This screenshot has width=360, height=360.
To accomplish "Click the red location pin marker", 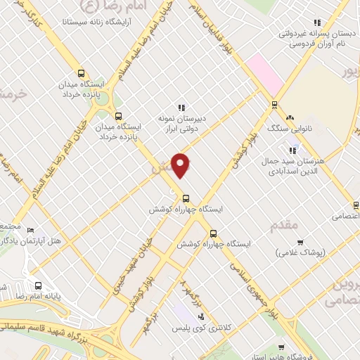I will tap(181, 165).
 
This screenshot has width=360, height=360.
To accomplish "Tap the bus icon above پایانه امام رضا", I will tap(37, 286).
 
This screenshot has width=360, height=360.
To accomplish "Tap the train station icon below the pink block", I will tap(274, 105).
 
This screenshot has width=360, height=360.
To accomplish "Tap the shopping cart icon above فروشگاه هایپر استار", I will tap(281, 347).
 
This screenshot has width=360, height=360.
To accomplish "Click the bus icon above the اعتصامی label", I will tap(356, 205).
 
